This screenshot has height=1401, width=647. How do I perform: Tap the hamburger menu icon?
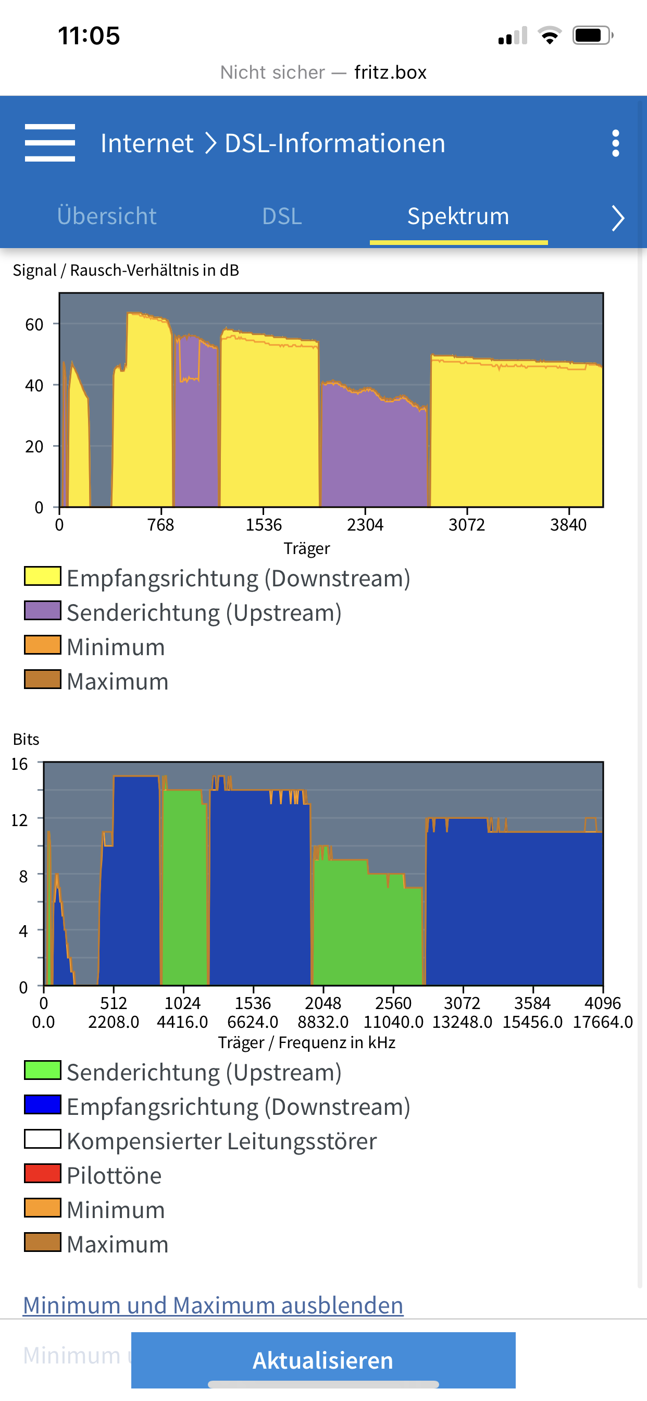point(49,143)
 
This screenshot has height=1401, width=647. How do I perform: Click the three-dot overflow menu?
point(615,143)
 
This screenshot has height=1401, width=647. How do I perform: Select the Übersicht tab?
point(107,216)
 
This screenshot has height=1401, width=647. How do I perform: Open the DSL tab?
point(282,216)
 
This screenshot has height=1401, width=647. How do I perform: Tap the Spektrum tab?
point(458,216)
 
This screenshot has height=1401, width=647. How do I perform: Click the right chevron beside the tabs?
point(617,218)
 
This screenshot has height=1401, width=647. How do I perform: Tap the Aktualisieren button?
point(323,1360)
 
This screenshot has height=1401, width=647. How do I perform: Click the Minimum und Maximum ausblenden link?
point(213,1305)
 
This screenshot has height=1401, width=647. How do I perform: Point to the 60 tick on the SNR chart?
point(34,325)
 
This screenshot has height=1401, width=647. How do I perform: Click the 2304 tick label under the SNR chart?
point(365,525)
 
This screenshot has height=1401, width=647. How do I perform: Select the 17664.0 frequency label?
point(602,1022)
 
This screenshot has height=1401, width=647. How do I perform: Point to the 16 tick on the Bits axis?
point(20,764)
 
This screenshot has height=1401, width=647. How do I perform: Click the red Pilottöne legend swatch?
point(42,1174)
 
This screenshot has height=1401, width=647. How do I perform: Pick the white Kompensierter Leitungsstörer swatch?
point(42,1139)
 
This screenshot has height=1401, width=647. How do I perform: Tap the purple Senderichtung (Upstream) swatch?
point(42,611)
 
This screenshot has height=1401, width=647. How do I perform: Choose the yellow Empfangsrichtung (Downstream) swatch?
point(42,576)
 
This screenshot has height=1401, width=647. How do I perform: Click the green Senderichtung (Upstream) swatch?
point(42,1071)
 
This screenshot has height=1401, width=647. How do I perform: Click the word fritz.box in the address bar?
point(390,72)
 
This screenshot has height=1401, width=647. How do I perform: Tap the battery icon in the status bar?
point(592,36)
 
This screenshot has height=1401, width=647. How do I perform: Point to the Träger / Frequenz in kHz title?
point(306,1042)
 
